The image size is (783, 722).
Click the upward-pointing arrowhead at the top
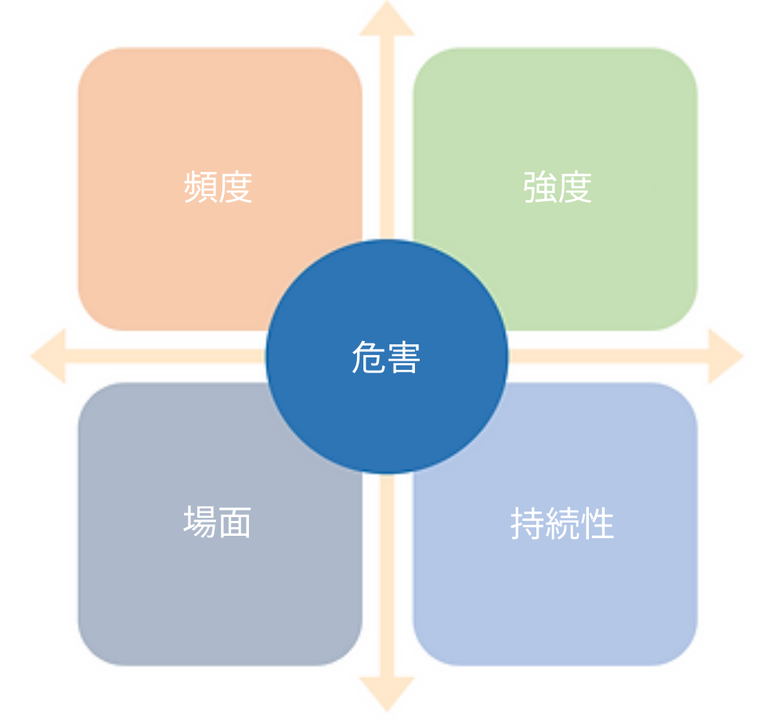(x=387, y=20)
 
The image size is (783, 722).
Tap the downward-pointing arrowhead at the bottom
(x=387, y=694)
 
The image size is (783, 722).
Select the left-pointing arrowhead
(x=49, y=356)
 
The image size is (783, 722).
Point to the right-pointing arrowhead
(x=726, y=356)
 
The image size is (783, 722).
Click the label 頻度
(x=218, y=187)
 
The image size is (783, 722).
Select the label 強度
(x=557, y=187)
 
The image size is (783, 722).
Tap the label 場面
(x=217, y=522)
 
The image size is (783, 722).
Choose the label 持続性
(x=562, y=523)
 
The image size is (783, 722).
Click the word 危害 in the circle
(x=386, y=357)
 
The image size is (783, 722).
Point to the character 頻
(x=200, y=187)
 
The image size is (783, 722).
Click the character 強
(x=539, y=187)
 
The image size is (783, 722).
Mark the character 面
(x=235, y=522)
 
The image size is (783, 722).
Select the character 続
(x=562, y=523)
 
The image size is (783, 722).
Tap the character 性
(x=597, y=523)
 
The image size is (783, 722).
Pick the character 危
(x=369, y=357)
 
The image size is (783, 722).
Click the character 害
(x=403, y=357)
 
